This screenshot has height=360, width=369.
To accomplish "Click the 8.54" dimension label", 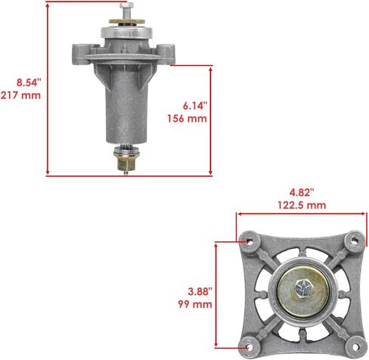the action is pos(29,82).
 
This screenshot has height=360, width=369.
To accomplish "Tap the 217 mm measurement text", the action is pos(20,95).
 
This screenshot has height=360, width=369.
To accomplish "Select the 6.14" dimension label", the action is pos(195,106).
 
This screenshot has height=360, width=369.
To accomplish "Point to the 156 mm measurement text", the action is pos(187,119).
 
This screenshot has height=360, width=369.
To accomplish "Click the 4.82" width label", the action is pos(302,193).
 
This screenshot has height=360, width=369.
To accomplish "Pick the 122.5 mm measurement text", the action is pos(302,205).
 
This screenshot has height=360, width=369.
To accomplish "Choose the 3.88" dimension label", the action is pos(200,292).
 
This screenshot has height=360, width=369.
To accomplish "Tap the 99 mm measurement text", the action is pos(195,304).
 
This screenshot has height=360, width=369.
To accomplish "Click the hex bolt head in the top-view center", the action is pos(303,288).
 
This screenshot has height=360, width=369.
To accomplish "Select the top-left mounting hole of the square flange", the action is pos(250,241).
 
